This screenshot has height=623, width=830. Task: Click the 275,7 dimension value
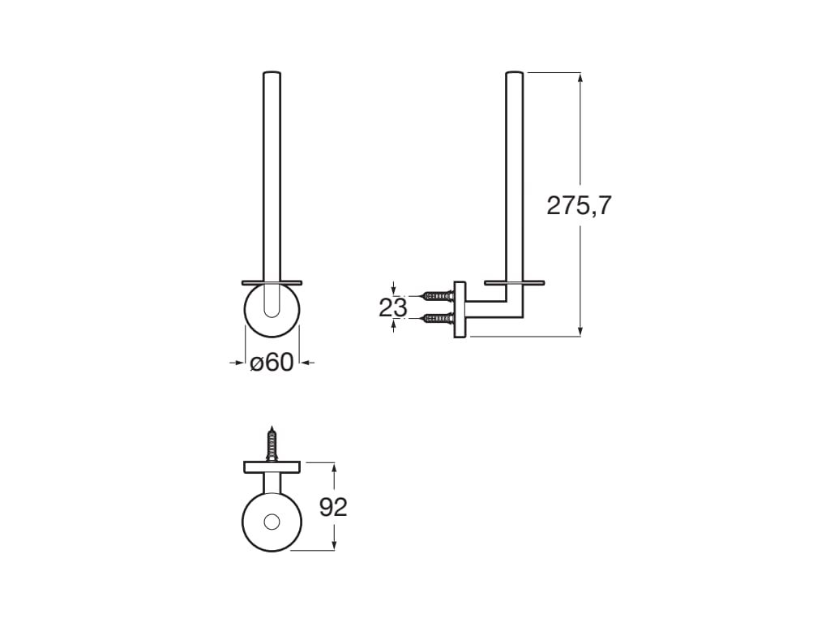(579, 205)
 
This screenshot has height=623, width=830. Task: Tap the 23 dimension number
(393, 307)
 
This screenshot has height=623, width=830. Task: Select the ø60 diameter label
(272, 363)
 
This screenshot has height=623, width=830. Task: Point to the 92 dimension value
(333, 507)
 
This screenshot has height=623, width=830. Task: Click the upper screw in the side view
(437, 295)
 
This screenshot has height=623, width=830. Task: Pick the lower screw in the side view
(437, 319)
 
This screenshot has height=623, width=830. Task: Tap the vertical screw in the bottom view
(272, 444)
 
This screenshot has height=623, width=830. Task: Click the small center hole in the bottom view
(272, 522)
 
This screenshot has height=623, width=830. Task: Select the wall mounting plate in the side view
(460, 310)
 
